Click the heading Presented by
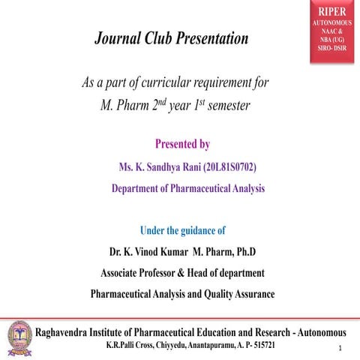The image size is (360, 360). pyautogui.click(x=182, y=143)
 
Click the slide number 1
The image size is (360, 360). pyautogui.click(x=340, y=349)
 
